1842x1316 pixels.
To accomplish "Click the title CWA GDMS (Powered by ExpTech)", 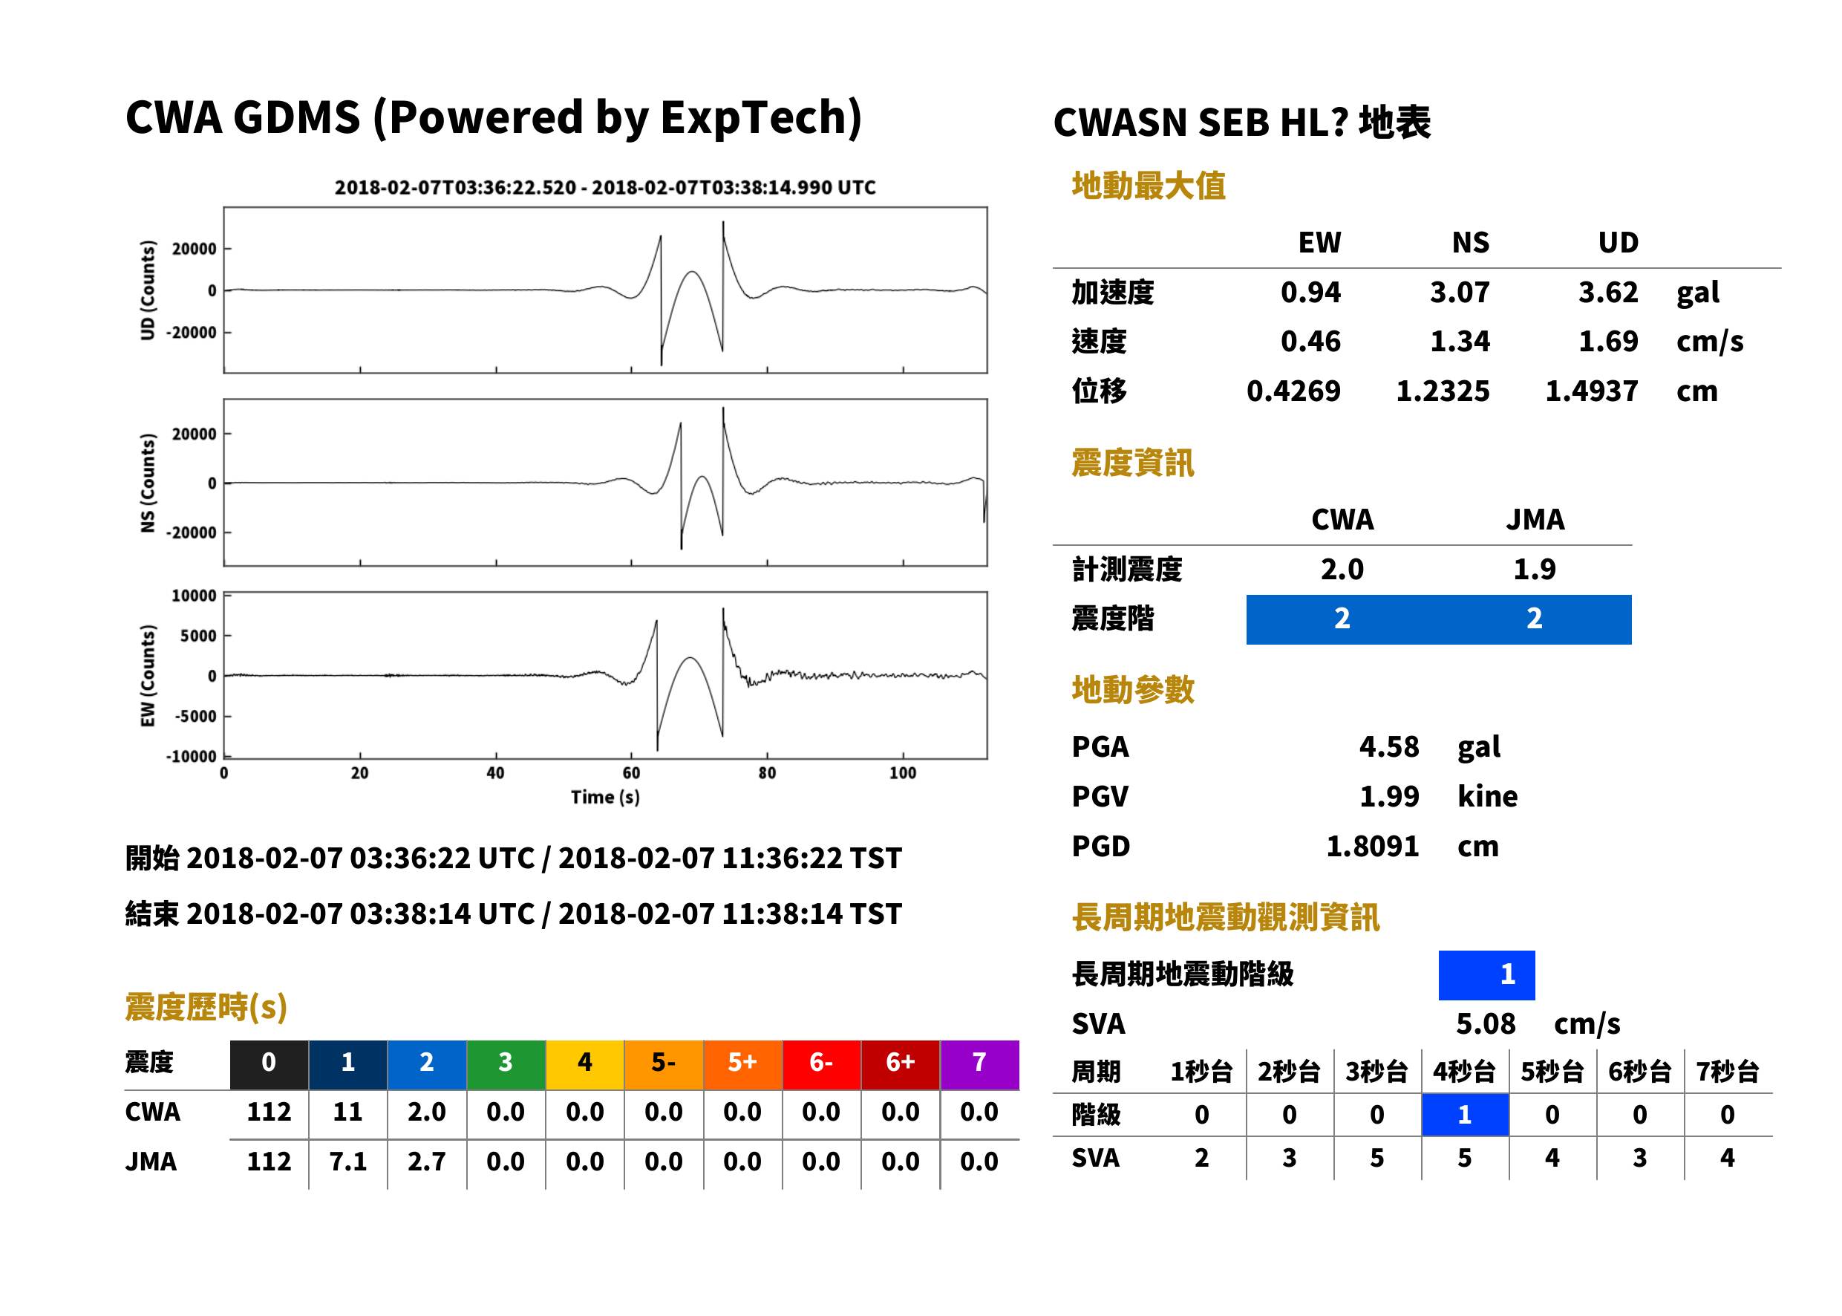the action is (x=493, y=118).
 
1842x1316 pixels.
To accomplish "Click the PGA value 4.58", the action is (x=1388, y=746).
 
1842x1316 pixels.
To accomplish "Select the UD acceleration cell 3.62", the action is (x=1608, y=293).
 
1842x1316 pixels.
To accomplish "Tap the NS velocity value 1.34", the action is (x=1460, y=341).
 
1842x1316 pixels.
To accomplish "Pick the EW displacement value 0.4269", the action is (x=1293, y=391).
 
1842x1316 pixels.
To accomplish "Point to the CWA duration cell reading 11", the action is (x=347, y=1112).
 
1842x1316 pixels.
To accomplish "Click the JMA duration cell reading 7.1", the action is (x=347, y=1162).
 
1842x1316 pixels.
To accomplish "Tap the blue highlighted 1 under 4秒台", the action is (x=1465, y=1115).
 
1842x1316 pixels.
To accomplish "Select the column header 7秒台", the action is (x=1727, y=1071).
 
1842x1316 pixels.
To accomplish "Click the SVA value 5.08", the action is (x=1486, y=1023).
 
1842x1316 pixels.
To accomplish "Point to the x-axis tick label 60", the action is (x=631, y=773).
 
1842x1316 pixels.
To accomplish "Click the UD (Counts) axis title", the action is (x=148, y=290).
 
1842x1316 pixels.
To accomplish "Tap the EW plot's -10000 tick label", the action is (x=191, y=757).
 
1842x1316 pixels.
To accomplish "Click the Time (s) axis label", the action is (x=605, y=798).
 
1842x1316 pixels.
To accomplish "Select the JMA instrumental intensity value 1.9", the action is (x=1534, y=569).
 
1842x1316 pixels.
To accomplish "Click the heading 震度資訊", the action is (x=1132, y=463).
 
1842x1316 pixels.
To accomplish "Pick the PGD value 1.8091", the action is (x=1372, y=846).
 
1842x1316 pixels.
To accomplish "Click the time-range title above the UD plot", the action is (x=605, y=187).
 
